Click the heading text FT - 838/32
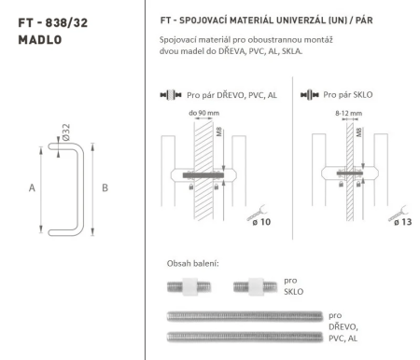click(x=53, y=23)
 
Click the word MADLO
click(x=40, y=40)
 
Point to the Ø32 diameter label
click(x=66, y=132)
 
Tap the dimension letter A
click(x=32, y=187)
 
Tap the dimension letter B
click(x=105, y=187)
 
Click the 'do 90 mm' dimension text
click(x=203, y=113)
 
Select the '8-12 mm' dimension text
click(x=348, y=114)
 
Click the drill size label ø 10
click(x=261, y=222)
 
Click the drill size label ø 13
click(x=402, y=222)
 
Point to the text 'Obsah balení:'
click(x=193, y=264)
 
